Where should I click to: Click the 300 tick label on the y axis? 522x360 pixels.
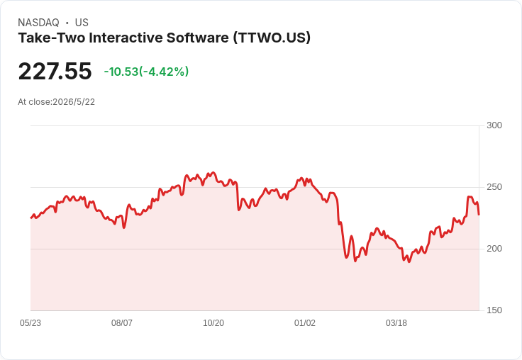(494, 125)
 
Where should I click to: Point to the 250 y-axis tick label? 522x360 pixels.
(494, 187)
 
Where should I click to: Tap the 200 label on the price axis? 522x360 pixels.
(494, 249)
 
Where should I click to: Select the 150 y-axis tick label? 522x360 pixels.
(494, 310)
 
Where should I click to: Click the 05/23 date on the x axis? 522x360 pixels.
(30, 323)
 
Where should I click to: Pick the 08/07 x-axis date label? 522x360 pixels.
(122, 323)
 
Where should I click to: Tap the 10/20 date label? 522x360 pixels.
(213, 323)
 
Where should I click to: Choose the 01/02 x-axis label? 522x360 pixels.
(304, 323)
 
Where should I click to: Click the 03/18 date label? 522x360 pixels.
(396, 323)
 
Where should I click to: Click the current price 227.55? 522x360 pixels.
(55, 71)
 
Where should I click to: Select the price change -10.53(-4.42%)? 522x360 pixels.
(147, 72)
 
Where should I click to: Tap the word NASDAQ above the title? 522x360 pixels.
(38, 23)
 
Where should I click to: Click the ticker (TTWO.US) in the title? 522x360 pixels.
(272, 38)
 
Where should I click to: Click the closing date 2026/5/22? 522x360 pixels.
(74, 102)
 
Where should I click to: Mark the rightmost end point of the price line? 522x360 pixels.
(479, 215)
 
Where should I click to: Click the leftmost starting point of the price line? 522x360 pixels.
(31, 218)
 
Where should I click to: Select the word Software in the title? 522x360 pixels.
(198, 38)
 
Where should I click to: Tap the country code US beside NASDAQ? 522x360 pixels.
(82, 23)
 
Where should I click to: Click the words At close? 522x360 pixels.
(34, 102)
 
